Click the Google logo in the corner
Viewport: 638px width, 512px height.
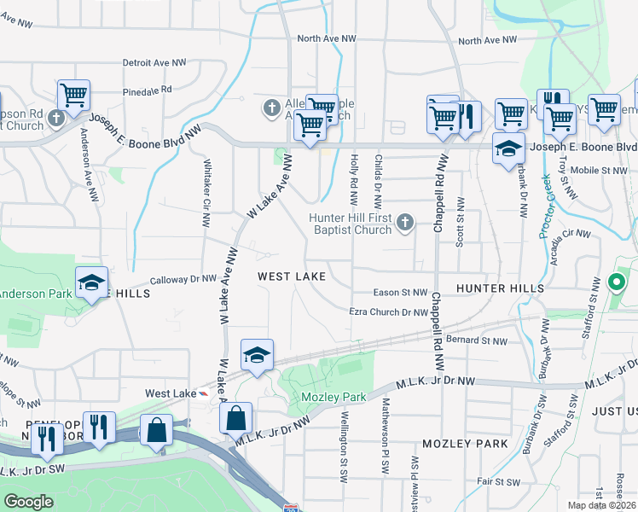pyautogui.click(x=29, y=502)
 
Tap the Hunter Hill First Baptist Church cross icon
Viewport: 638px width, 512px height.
pyautogui.click(x=404, y=224)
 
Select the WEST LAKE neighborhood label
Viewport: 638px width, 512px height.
pyautogui.click(x=292, y=276)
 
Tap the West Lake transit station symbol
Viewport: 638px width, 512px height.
pyautogui.click(x=202, y=393)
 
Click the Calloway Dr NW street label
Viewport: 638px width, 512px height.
pyautogui.click(x=183, y=279)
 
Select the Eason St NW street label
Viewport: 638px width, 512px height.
pyautogui.click(x=400, y=292)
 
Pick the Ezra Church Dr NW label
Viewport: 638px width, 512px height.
pyautogui.click(x=388, y=312)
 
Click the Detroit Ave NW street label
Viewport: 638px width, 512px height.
pyautogui.click(x=154, y=63)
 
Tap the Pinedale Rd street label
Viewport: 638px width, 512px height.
pyautogui.click(x=147, y=89)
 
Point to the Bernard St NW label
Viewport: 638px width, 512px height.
pyautogui.click(x=476, y=340)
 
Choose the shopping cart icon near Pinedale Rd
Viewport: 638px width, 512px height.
pyautogui.click(x=74, y=95)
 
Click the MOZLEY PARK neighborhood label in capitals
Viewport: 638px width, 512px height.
pyautogui.click(x=464, y=444)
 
